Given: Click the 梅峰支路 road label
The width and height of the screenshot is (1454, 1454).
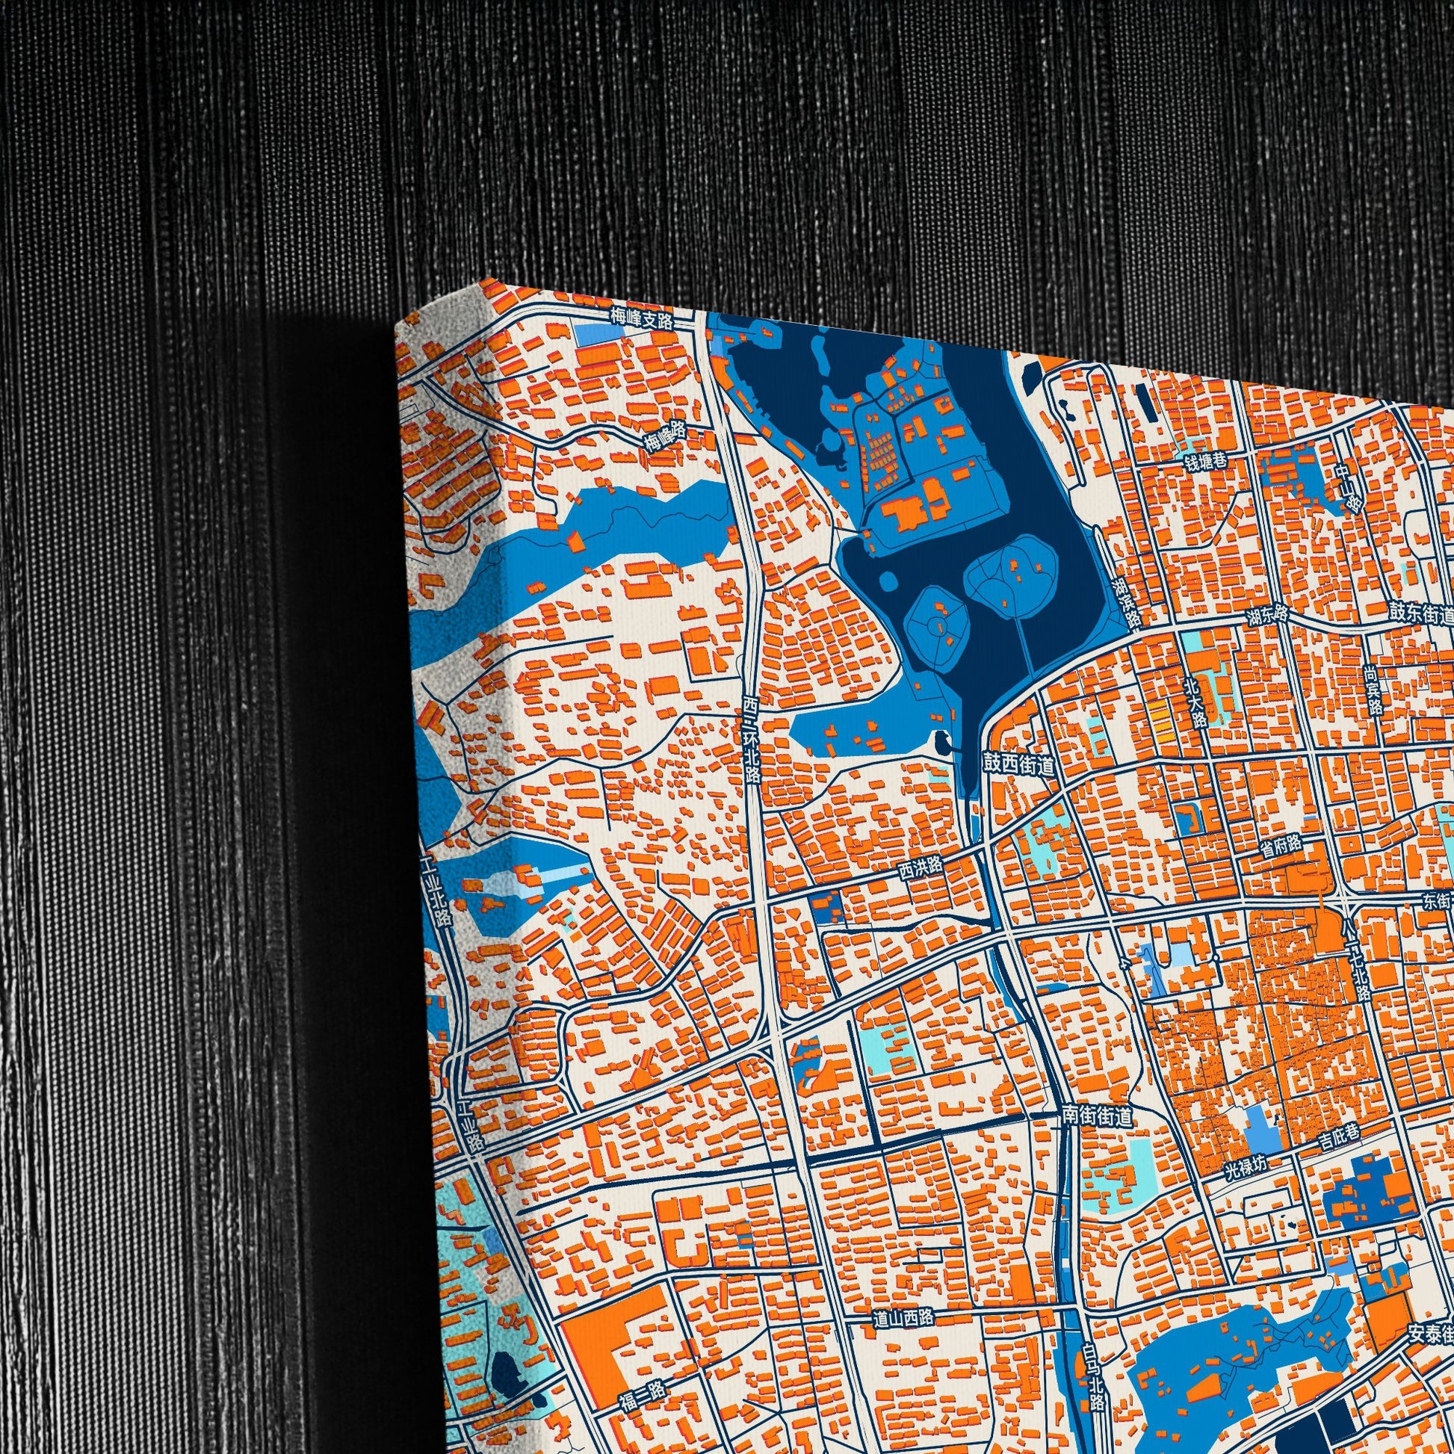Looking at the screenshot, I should pyautogui.click(x=641, y=318).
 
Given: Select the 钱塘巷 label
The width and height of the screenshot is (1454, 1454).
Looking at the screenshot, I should pyautogui.click(x=1206, y=462).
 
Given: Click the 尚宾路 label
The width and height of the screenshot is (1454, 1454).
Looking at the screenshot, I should pyautogui.click(x=1372, y=691).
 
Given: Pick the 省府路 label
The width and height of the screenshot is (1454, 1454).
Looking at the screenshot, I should pyautogui.click(x=1281, y=844).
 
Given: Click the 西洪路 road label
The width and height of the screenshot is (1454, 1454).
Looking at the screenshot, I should pyautogui.click(x=921, y=869).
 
